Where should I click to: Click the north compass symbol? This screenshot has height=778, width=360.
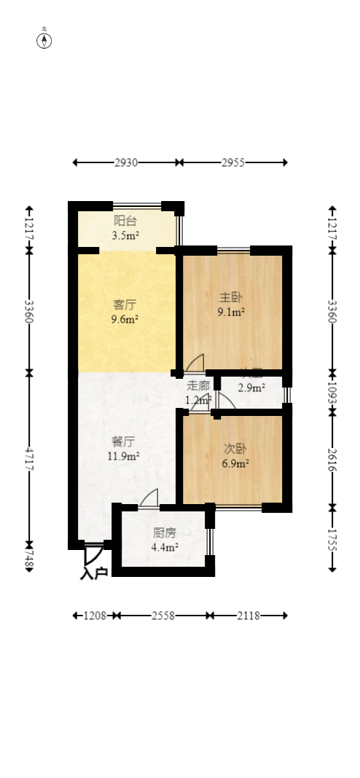(44, 40)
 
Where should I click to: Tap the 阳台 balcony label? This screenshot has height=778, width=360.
(125, 221)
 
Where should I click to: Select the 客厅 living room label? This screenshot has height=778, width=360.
(125, 304)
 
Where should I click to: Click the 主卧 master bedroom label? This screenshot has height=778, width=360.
(231, 297)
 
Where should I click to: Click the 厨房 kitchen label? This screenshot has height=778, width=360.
(165, 533)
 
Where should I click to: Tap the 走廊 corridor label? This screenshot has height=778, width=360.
(198, 386)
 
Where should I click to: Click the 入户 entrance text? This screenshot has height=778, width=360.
(93, 573)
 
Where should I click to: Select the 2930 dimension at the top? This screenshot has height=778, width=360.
(126, 162)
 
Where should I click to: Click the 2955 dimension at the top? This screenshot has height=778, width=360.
(233, 162)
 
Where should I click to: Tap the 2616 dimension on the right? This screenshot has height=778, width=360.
(332, 457)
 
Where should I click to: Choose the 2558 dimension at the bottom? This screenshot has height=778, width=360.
(163, 616)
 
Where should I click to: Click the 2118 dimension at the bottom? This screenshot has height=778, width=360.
(249, 616)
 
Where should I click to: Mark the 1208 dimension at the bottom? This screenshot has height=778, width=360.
(95, 616)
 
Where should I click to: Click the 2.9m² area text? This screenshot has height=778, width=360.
(251, 388)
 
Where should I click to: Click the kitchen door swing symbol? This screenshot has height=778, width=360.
(149, 498)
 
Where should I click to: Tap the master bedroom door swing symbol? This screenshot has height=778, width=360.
(195, 362)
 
